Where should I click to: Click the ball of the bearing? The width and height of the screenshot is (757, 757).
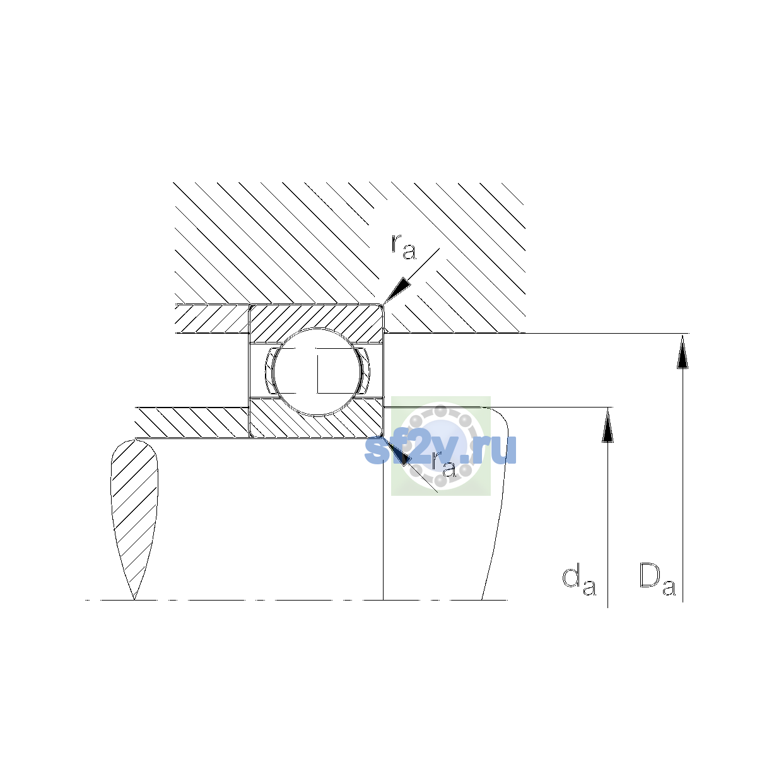pos(317,372)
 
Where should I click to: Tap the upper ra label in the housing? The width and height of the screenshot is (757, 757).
pos(404,247)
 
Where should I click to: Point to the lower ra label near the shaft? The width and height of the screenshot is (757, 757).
pos(444,465)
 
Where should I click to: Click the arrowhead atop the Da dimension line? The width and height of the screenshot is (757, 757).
pos(683,351)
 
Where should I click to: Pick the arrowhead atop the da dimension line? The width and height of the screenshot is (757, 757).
pos(607,425)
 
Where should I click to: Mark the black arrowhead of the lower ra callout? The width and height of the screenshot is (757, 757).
pos(397,452)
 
